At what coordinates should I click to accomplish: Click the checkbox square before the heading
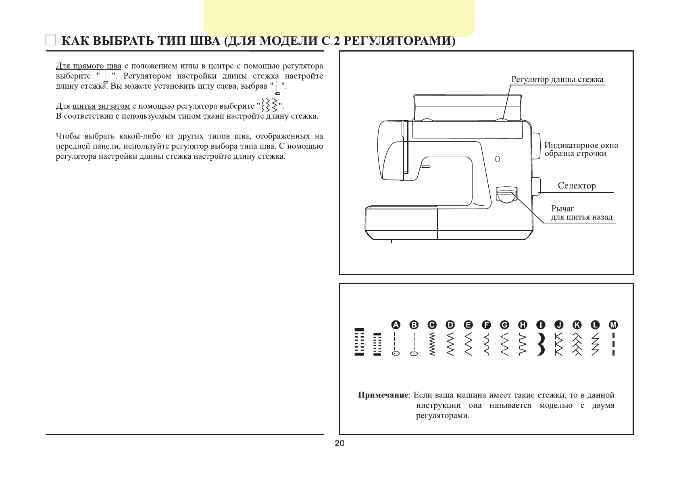(50, 40)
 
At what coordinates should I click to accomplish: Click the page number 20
(339, 443)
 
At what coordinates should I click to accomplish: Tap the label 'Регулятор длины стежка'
(557, 79)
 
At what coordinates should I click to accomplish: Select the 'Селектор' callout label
(577, 186)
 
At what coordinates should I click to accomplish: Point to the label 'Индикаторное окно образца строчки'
(581, 149)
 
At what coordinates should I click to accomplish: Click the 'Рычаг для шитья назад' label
(581, 213)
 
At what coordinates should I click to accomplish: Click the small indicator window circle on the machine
(498, 159)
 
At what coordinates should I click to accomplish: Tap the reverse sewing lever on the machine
(506, 196)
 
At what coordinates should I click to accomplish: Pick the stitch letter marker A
(396, 325)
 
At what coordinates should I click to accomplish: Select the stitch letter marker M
(613, 325)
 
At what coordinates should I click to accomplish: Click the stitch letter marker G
(504, 325)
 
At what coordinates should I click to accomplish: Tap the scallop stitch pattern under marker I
(541, 344)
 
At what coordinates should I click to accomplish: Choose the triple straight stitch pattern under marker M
(613, 344)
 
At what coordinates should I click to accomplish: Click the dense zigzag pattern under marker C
(432, 344)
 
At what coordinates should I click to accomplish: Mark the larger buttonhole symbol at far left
(359, 342)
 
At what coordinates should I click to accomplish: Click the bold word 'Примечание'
(383, 395)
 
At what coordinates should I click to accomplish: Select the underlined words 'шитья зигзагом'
(101, 106)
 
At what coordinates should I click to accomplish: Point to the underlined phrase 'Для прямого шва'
(88, 66)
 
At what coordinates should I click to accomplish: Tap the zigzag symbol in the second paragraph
(269, 106)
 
